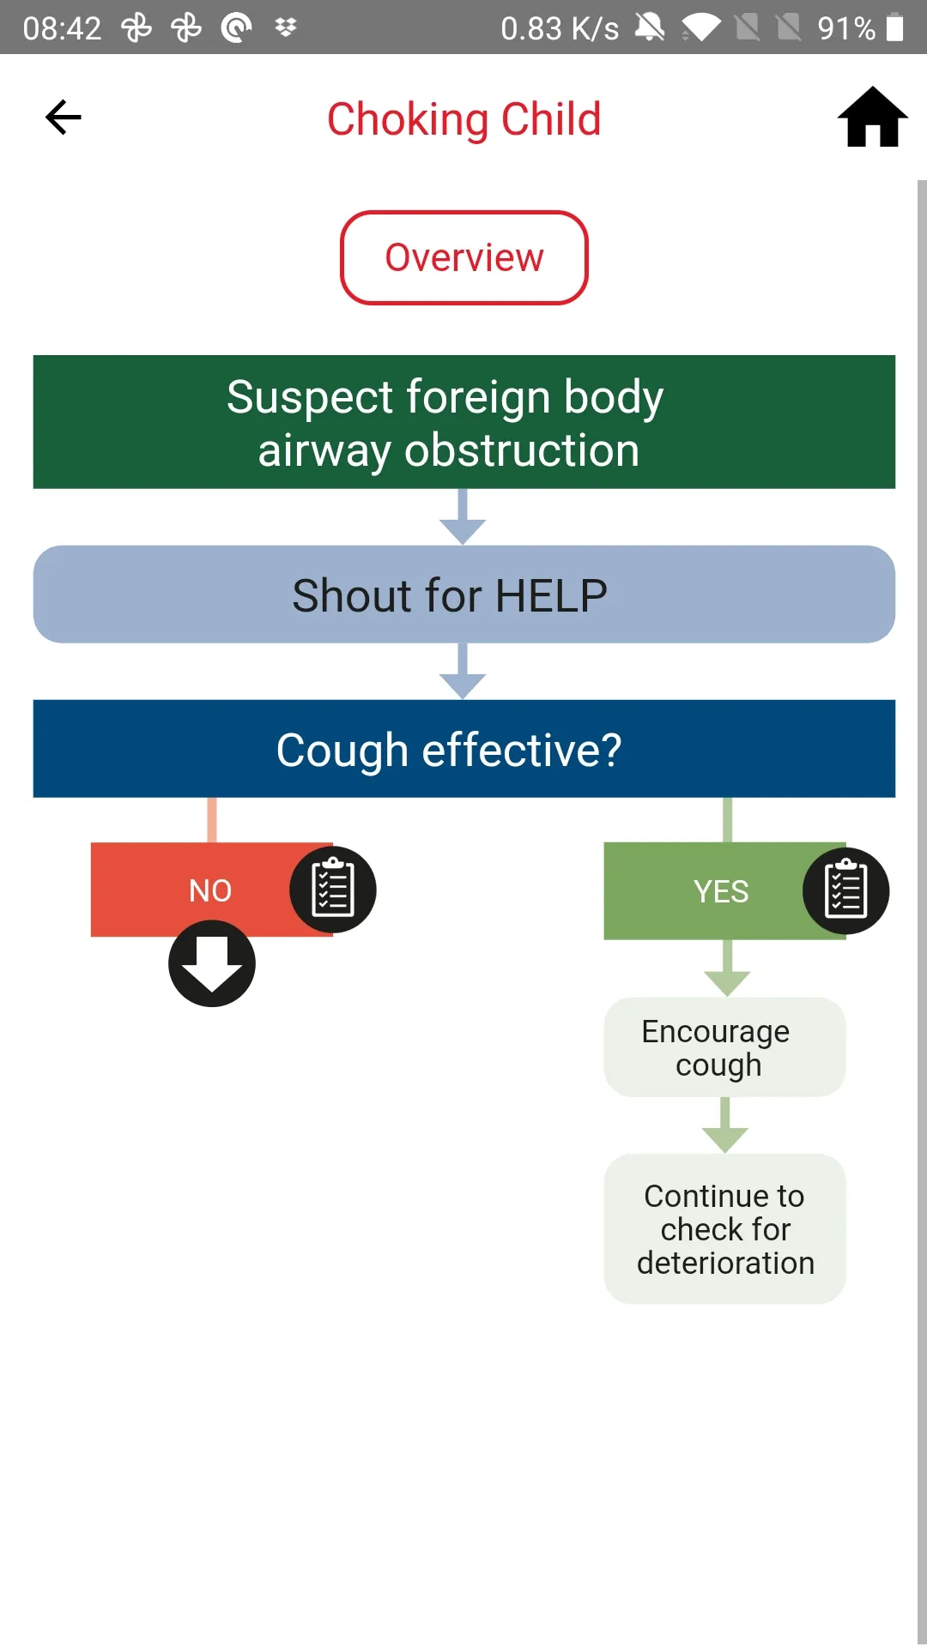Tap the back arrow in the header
click(x=64, y=118)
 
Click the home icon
click(x=872, y=117)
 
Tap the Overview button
click(x=464, y=257)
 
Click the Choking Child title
click(x=463, y=119)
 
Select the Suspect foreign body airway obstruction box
click(x=464, y=422)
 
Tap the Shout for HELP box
click(x=464, y=594)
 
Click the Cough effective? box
click(x=464, y=749)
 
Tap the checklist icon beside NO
click(x=333, y=890)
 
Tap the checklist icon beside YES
click(x=845, y=890)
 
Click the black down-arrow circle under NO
click(x=212, y=963)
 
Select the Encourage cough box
click(x=725, y=1047)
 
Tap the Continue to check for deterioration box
click(x=725, y=1229)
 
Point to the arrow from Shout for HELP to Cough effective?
click(x=463, y=671)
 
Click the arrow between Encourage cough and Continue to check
click(x=725, y=1125)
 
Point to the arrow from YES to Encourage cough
click(x=727, y=968)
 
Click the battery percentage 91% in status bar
click(x=846, y=28)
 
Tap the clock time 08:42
click(x=62, y=28)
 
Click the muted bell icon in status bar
click(x=650, y=27)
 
